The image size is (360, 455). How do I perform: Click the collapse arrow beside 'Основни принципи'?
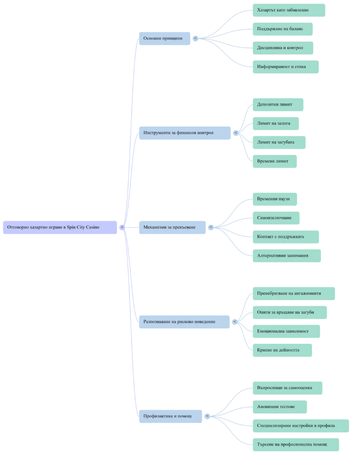point(196,38)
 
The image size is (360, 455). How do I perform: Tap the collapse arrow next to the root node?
point(122,227)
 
